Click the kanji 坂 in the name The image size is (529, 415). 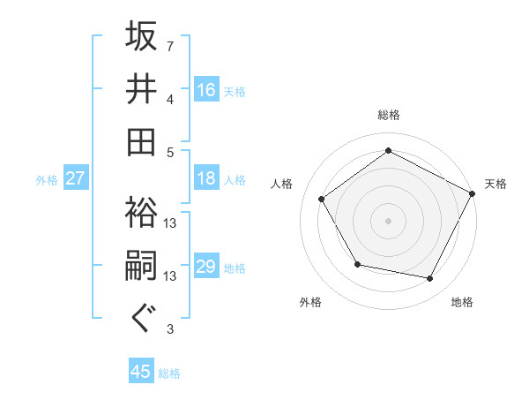(142, 38)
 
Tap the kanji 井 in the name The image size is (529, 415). (142, 88)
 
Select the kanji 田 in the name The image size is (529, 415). (142, 140)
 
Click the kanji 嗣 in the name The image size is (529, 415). (142, 267)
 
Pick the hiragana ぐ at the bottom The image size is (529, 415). (142, 318)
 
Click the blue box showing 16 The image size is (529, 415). (206, 90)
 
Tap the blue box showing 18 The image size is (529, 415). (206, 179)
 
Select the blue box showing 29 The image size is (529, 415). (206, 267)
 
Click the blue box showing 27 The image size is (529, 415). (76, 179)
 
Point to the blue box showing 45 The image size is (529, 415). (141, 372)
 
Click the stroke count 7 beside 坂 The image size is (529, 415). (170, 46)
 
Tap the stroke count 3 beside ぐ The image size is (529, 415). (170, 329)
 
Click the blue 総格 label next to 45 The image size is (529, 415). (169, 373)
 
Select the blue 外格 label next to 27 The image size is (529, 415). (47, 180)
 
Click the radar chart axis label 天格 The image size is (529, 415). (495, 184)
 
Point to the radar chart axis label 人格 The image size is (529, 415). (282, 184)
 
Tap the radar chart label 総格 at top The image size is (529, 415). (389, 115)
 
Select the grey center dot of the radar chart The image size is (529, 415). (389, 221)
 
